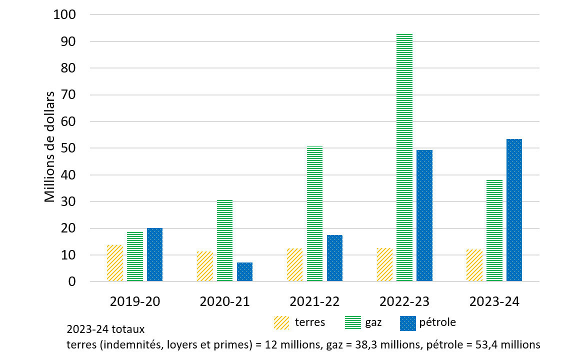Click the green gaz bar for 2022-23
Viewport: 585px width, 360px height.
click(404, 158)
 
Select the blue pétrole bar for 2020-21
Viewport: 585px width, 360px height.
click(244, 272)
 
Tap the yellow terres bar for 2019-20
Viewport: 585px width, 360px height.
click(114, 263)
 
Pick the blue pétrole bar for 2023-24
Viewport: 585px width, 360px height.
click(514, 210)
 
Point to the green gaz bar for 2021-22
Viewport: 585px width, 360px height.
click(314, 214)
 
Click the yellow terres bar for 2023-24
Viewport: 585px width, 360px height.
click(474, 265)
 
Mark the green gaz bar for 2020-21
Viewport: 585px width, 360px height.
click(224, 240)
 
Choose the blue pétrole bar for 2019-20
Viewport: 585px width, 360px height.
click(154, 255)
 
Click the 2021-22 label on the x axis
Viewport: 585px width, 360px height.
click(314, 302)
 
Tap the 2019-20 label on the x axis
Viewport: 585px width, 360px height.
click(134, 302)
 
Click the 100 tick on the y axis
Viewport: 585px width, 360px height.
click(64, 15)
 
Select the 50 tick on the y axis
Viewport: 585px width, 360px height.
click(68, 148)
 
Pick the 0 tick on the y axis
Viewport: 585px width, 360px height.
click(72, 282)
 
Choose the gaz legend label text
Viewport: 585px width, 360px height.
click(373, 322)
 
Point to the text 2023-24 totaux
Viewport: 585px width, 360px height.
click(105, 330)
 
